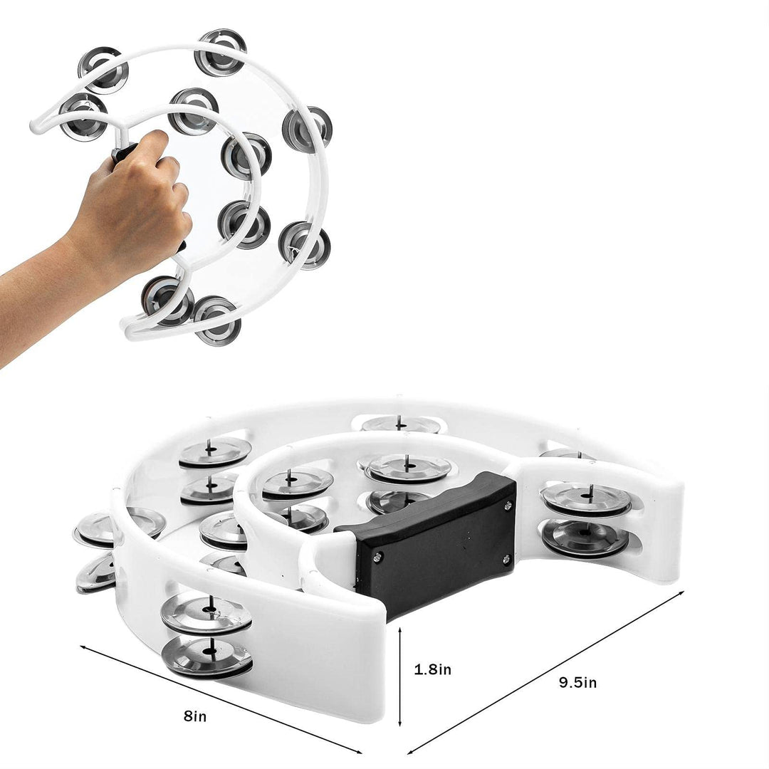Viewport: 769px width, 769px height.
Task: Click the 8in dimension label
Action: (194, 716)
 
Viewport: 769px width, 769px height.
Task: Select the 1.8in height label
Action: (433, 669)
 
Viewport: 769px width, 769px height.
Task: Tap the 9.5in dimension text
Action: (577, 682)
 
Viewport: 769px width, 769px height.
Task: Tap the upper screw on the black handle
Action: (507, 506)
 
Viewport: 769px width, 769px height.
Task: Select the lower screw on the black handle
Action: (506, 559)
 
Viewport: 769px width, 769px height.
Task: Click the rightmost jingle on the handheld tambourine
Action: (307, 129)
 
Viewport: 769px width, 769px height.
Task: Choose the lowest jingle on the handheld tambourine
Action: (216, 320)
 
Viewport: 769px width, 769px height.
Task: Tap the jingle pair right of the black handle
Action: (586, 520)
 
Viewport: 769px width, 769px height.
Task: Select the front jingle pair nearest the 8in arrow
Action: (206, 634)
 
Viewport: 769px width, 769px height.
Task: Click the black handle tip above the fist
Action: (123, 151)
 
